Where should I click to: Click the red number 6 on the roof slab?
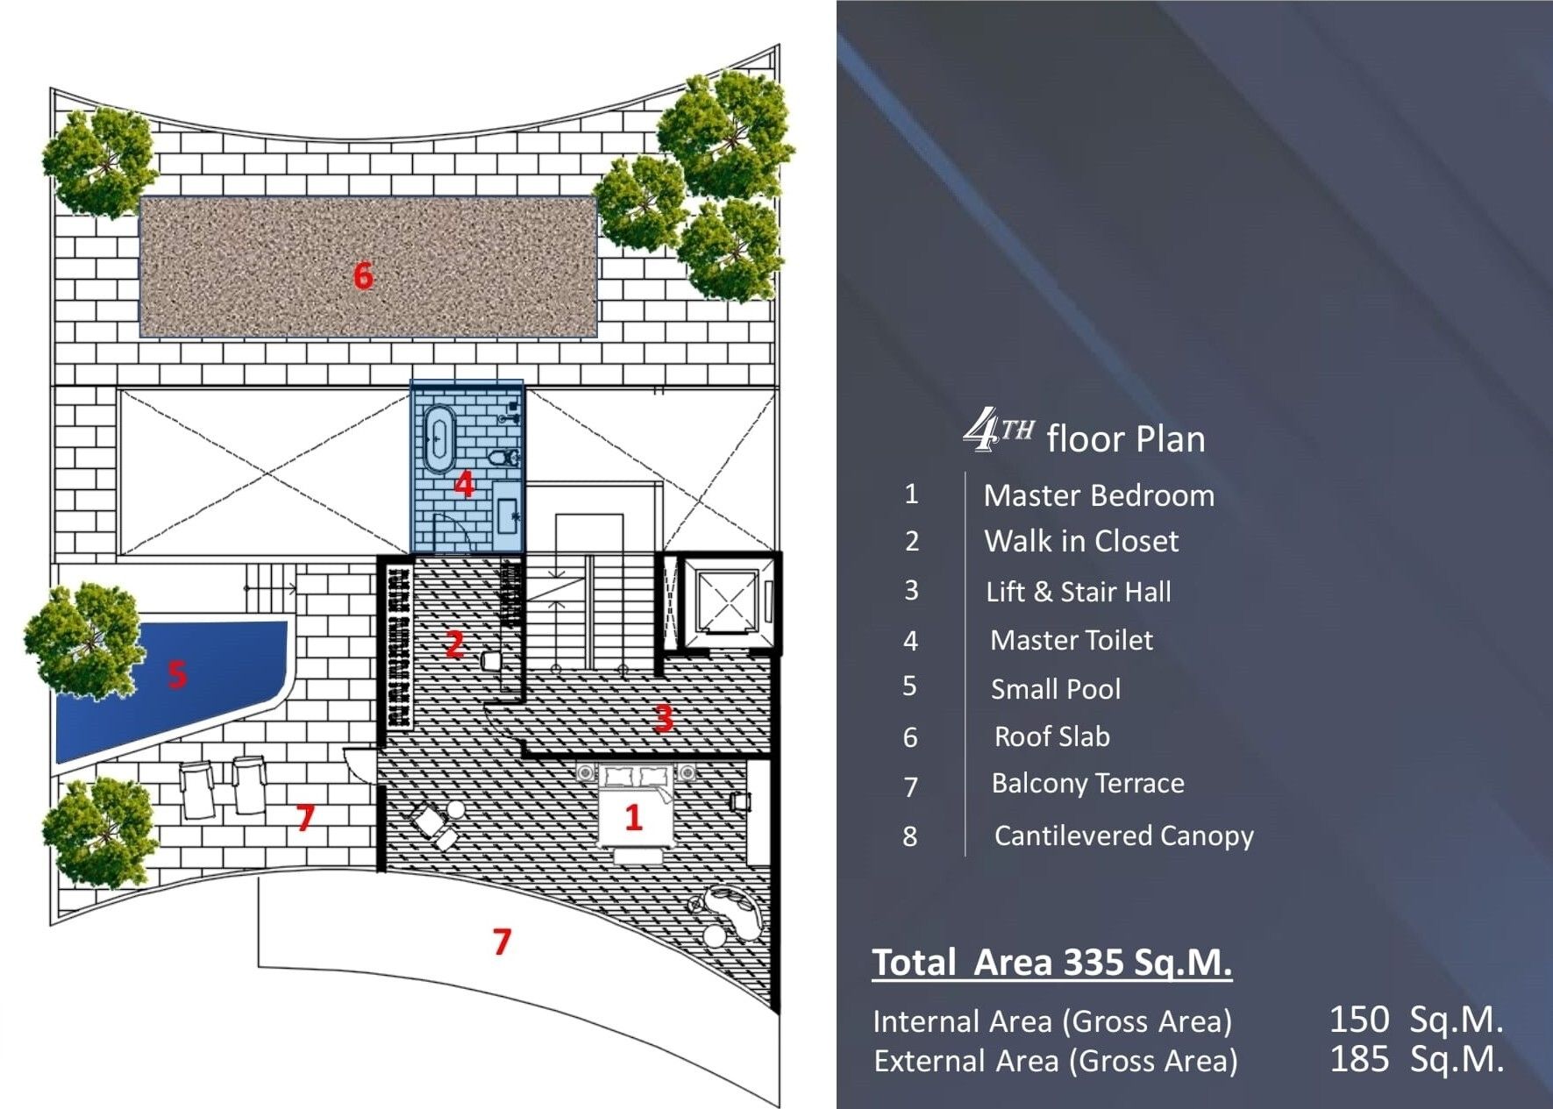[363, 275]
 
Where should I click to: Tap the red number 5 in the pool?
[177, 674]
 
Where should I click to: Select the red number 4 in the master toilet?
[464, 484]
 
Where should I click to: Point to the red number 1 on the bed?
[633, 818]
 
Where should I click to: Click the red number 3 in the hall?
[664, 718]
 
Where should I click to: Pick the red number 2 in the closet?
[454, 644]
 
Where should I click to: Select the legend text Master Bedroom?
[1099, 495]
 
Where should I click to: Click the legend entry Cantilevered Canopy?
[1123, 836]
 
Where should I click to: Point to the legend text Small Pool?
[1056, 689]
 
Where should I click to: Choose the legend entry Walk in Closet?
[1081, 541]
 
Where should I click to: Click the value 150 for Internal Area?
[1358, 1020]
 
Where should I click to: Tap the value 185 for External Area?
[1359, 1059]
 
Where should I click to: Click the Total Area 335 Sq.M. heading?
[1051, 963]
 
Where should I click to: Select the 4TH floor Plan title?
[1085, 433]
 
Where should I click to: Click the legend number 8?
[910, 836]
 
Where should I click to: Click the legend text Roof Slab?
[1051, 736]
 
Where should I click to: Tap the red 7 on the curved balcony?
[502, 942]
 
